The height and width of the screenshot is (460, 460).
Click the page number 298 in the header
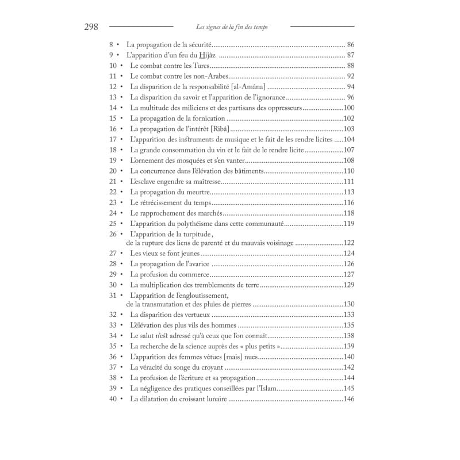click(x=91, y=26)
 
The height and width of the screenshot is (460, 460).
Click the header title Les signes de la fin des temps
click(x=231, y=26)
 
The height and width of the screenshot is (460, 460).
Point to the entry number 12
click(x=113, y=87)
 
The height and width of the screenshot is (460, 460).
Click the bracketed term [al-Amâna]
click(x=245, y=87)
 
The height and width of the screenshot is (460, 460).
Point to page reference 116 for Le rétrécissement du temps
click(x=348, y=203)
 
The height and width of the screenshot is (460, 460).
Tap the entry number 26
click(x=113, y=235)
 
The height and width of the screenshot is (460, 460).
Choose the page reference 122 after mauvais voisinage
click(x=348, y=243)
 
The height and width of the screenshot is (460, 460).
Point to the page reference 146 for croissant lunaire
click(x=348, y=399)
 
